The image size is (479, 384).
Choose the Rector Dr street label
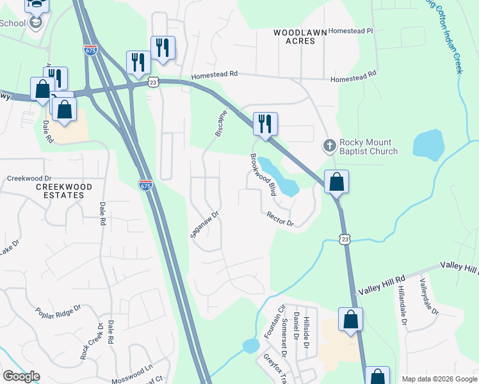pyautogui.click(x=280, y=219)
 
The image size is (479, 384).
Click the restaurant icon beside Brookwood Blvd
pyautogui.click(x=265, y=124)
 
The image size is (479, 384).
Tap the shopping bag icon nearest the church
pyautogui.click(x=336, y=182)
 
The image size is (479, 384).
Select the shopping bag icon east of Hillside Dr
pyautogui.click(x=350, y=319)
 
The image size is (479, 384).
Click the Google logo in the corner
pyautogui.click(x=21, y=376)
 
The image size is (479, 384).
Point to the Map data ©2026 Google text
pyautogui.click(x=439, y=379)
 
